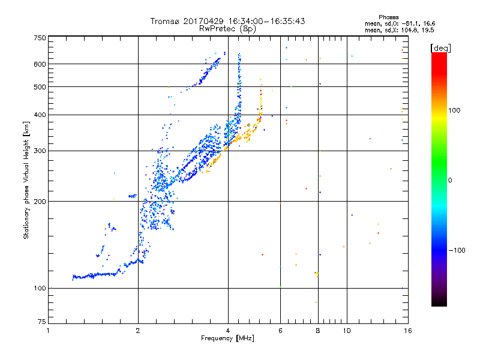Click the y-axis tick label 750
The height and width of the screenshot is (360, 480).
coord(40,37)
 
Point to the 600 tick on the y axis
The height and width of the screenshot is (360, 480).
coord(40,64)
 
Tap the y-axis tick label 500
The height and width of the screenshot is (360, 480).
coord(40,86)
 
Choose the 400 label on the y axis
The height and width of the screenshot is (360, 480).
coord(40,115)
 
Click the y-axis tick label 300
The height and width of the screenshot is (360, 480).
coord(40,151)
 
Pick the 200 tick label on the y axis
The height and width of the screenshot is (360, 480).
coord(40,201)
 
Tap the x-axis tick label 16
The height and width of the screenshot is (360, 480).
coord(407,331)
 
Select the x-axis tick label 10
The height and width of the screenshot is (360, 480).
coord(346,331)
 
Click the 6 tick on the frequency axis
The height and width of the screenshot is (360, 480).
coord(280,331)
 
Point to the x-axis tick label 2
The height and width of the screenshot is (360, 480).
coord(138,331)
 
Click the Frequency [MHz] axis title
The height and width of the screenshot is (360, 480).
coord(227,338)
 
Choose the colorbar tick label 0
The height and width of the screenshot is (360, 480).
coord(451,180)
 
